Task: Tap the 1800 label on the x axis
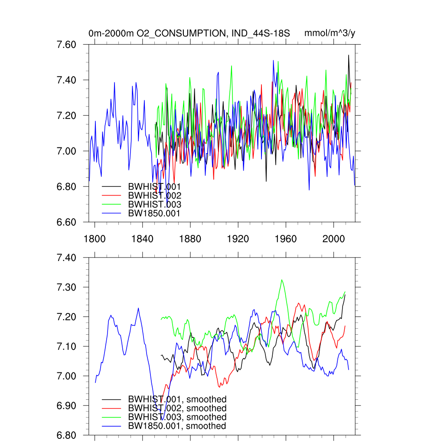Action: pyautogui.click(x=95, y=238)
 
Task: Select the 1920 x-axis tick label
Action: pyautogui.click(x=238, y=238)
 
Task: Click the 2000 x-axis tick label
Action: pyautogui.click(x=333, y=238)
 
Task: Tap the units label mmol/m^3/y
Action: pyautogui.click(x=330, y=33)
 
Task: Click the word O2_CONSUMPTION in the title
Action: pyautogui.click(x=179, y=33)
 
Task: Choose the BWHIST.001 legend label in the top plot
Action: pyautogui.click(x=154, y=186)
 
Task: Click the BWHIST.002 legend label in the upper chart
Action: pyautogui.click(x=154, y=196)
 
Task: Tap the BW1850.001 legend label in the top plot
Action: pyautogui.click(x=154, y=213)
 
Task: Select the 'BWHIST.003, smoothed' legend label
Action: pyautogui.click(x=177, y=417)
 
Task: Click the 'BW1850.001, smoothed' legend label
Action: pyautogui.click(x=177, y=426)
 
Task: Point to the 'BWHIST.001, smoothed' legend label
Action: pyautogui.click(x=177, y=399)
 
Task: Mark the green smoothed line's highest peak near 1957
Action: pyautogui.click(x=282, y=280)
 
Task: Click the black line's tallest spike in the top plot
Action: pyautogui.click(x=348, y=55)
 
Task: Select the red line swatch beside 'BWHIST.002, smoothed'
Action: pyautogui.click(x=111, y=408)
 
